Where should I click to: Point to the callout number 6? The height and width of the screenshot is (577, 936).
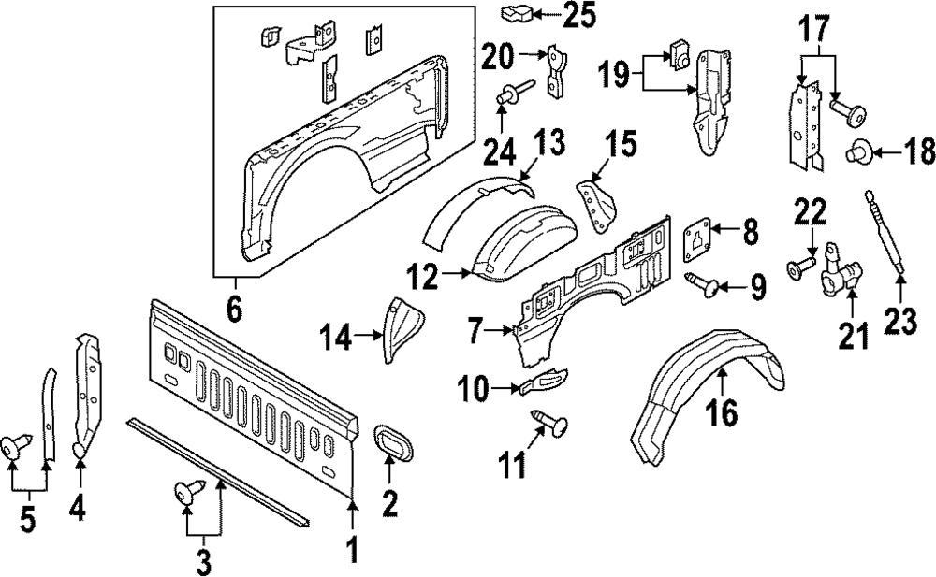tap(234, 308)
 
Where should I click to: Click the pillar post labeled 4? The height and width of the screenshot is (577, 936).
tap(90, 393)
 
